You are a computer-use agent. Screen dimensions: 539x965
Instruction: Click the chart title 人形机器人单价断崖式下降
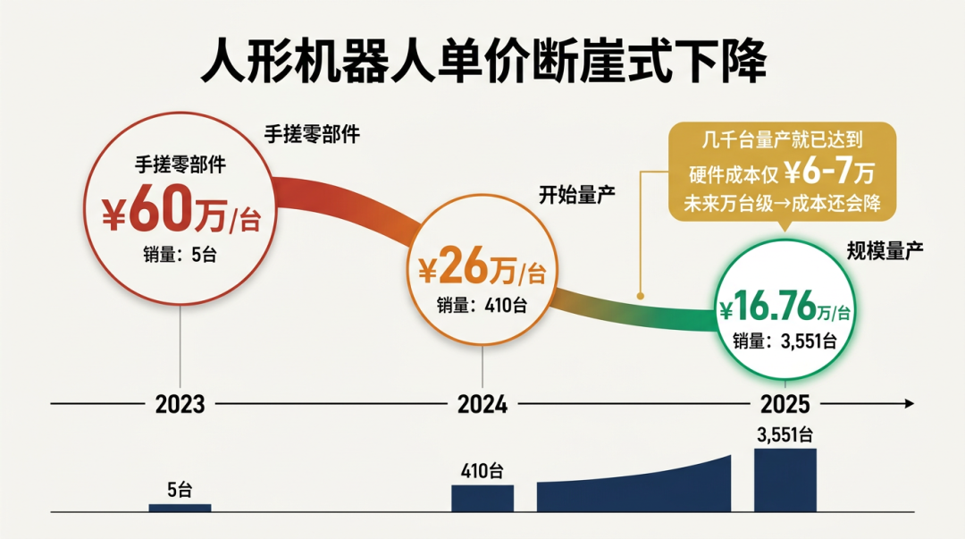[x=482, y=61]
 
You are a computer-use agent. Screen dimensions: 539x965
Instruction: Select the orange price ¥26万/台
[x=482, y=267]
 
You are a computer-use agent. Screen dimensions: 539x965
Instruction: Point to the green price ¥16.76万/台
[x=785, y=309]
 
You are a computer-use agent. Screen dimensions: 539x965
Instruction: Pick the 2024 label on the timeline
[x=482, y=405]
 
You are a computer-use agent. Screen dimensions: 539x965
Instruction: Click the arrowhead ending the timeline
[x=909, y=404]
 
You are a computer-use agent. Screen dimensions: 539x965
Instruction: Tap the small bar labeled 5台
[x=180, y=507]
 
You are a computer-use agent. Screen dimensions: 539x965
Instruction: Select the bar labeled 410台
[x=482, y=498]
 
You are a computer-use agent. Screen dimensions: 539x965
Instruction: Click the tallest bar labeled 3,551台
[x=785, y=479]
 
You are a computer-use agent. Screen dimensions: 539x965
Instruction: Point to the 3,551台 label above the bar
[x=785, y=435]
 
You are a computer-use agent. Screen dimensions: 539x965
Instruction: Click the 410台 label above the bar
[x=482, y=471]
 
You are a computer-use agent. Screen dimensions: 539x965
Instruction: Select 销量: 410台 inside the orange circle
[x=482, y=305]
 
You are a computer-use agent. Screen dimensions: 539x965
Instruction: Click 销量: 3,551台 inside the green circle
[x=785, y=341]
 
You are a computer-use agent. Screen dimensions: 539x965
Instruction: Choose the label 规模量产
[x=885, y=252]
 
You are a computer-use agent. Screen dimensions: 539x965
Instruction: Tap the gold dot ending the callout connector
[x=640, y=294]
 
